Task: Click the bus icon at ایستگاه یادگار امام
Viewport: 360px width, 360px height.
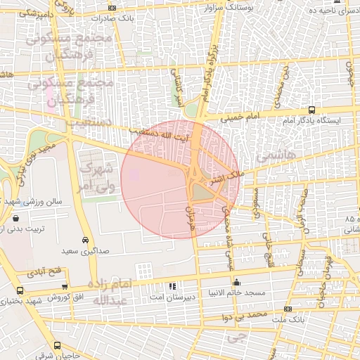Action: pyautogui.click(x=311, y=110)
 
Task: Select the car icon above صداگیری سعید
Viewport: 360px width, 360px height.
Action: pyautogui.click(x=85, y=240)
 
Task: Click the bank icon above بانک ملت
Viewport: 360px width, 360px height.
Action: pyautogui.click(x=287, y=309)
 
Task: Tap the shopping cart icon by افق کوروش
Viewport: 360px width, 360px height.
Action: pyautogui.click(x=65, y=287)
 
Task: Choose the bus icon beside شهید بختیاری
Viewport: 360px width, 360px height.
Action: pyautogui.click(x=19, y=290)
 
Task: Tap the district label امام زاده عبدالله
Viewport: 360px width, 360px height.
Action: pyautogui.click(x=111, y=292)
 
